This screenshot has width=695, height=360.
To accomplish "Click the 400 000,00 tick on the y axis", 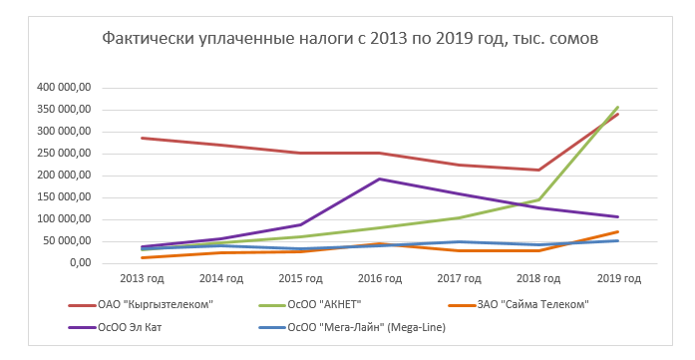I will (x=62, y=88).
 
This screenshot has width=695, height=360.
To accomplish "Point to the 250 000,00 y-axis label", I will (x=62, y=154).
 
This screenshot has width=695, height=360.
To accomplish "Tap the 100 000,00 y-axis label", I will (x=62, y=219).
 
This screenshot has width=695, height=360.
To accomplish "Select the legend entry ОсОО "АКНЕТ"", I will (x=344, y=304).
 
